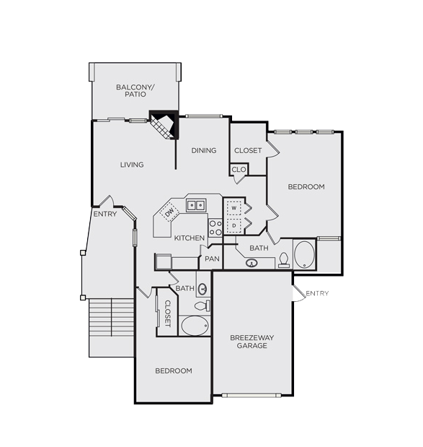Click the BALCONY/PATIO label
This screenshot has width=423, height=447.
pyautogui.click(x=135, y=91)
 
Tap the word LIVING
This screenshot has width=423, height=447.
pyautogui.click(x=132, y=165)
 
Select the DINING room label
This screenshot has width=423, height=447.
pyautogui.click(x=204, y=150)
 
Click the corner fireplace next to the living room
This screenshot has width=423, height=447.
pyautogui.click(x=164, y=125)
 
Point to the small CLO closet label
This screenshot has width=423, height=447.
pyautogui.click(x=239, y=170)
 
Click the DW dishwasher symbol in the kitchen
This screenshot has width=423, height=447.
pyautogui.click(x=169, y=212)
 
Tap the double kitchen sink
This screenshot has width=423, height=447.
pyautogui.click(x=196, y=205)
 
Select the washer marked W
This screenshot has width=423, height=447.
pyautogui.click(x=233, y=208)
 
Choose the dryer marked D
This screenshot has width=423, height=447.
pyautogui.click(x=233, y=225)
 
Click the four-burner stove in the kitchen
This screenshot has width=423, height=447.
pyautogui.click(x=215, y=227)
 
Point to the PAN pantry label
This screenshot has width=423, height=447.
pyautogui.click(x=212, y=259)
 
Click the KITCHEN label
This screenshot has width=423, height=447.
pyautogui.click(x=190, y=238)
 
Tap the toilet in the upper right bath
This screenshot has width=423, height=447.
pyautogui.click(x=284, y=260)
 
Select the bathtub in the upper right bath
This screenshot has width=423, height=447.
pyautogui.click(x=304, y=254)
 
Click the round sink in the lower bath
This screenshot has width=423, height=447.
pyautogui.click(x=202, y=289)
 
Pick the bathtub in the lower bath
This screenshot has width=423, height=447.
pyautogui.click(x=195, y=325)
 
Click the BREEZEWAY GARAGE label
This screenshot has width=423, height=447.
pyautogui.click(x=252, y=342)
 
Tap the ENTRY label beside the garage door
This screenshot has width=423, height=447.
pyautogui.click(x=317, y=293)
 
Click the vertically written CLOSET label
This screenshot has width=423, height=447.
pyautogui.click(x=168, y=313)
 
